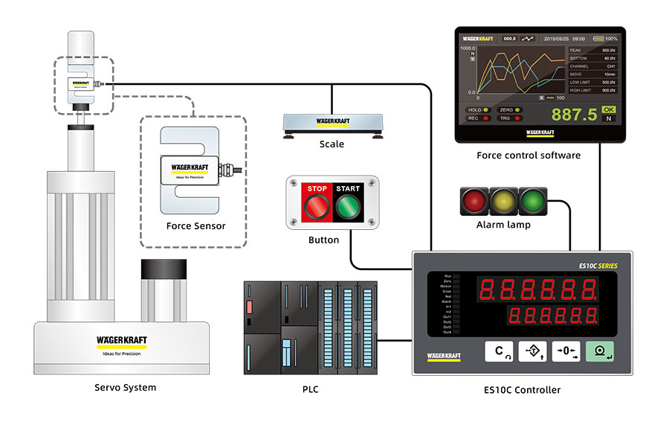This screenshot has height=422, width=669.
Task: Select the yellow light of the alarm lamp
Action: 502,200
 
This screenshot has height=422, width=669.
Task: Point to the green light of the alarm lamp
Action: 531,200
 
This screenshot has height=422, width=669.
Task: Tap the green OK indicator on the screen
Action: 609,109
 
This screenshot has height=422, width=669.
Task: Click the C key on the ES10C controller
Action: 500,351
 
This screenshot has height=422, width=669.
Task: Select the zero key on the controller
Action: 566,351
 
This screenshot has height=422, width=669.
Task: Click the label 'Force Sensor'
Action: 195,226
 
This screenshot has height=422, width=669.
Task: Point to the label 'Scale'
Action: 332,144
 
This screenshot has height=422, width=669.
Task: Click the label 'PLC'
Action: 311,389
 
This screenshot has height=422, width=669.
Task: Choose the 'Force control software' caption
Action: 529,156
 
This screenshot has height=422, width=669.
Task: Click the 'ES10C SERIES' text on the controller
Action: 598,266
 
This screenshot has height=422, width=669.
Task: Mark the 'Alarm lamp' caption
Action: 503,225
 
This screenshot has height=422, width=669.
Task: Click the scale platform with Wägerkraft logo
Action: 332,121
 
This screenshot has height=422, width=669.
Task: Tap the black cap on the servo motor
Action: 163,270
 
